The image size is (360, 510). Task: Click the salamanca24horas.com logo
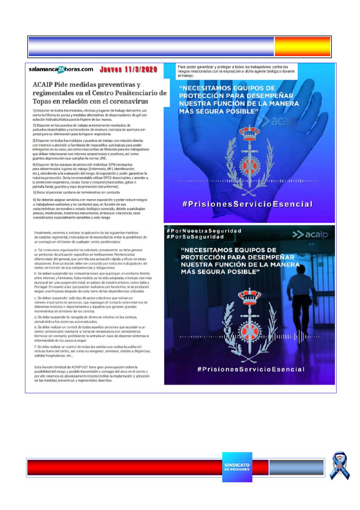(x=61, y=69)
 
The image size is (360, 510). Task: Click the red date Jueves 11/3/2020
(x=128, y=69)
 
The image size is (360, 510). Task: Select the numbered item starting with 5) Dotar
(x=76, y=192)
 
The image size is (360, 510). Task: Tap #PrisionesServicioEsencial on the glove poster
(x=247, y=204)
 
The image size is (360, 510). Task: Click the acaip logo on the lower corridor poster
(x=310, y=235)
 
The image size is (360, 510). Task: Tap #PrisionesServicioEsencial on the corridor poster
(x=251, y=369)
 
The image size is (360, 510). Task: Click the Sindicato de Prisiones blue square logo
(x=237, y=467)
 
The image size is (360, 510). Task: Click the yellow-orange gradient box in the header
(x=303, y=47)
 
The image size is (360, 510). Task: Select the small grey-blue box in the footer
(x=296, y=467)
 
